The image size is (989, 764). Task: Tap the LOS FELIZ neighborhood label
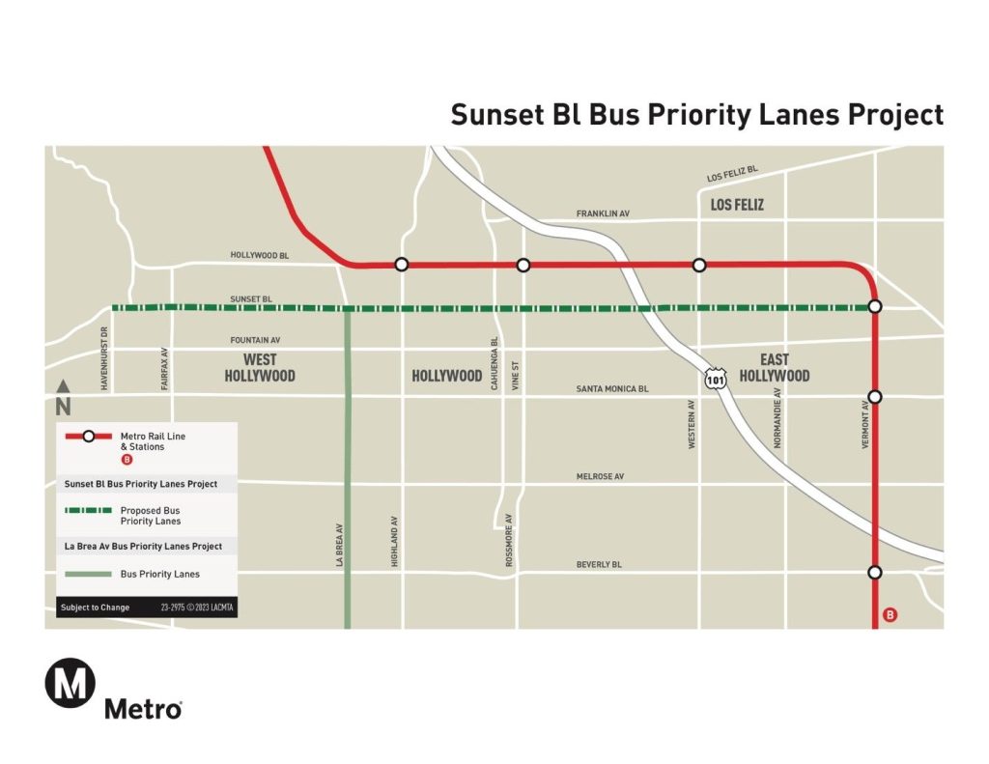click(737, 205)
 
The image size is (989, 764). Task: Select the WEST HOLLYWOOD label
click(260, 368)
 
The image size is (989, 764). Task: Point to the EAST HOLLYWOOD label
click(775, 368)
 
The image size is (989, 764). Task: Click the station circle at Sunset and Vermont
click(875, 306)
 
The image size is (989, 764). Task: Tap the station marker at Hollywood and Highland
click(402, 265)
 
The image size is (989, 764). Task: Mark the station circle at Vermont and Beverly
click(875, 572)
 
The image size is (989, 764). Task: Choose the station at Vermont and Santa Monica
click(875, 396)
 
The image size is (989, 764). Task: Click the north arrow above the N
click(63, 385)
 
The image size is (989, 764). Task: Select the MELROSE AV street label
click(600, 477)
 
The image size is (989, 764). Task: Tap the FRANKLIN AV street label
click(603, 213)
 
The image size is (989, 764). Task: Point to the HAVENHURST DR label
click(104, 356)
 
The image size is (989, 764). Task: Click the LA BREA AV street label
click(340, 546)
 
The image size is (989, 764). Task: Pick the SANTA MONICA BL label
click(612, 388)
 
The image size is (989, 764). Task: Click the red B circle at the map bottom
click(890, 614)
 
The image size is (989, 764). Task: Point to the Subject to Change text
click(96, 608)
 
